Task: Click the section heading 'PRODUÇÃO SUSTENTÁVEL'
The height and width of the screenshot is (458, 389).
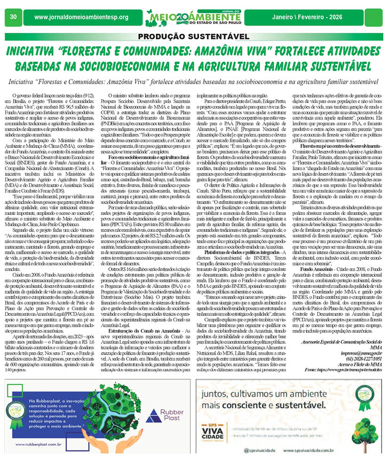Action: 194,37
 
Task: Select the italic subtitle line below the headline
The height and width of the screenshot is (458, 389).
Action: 194,83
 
